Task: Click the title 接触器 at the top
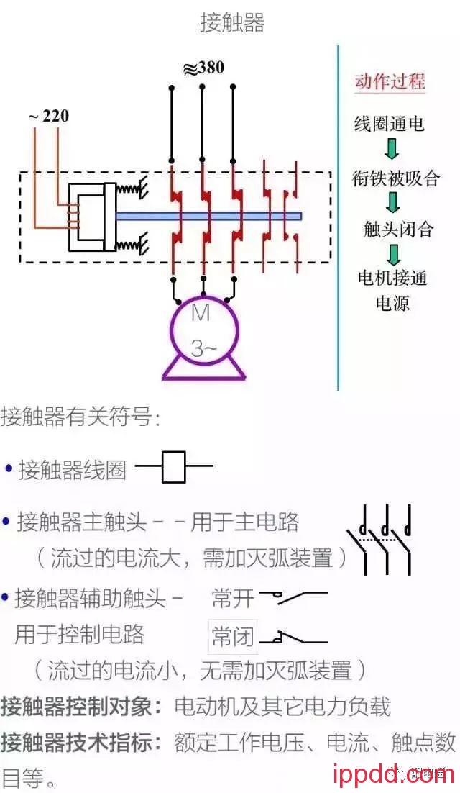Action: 232,23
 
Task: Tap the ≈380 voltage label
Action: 203,68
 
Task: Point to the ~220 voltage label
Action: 49,115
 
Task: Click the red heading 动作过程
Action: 390,81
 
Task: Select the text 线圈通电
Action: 389,124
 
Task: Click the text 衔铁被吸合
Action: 395,178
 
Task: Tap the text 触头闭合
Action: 398,230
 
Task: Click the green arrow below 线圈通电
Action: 392,149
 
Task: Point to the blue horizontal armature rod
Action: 208,215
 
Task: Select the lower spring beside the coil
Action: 131,245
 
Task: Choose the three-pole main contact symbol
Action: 381,539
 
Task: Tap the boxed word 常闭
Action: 232,636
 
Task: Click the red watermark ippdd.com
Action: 394,774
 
